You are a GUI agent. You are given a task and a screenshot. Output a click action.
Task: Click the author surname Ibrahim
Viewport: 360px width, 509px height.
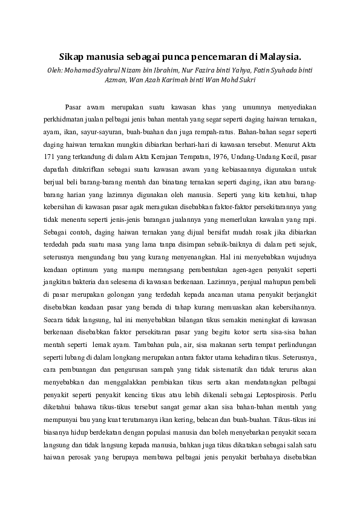(x=162, y=70)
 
